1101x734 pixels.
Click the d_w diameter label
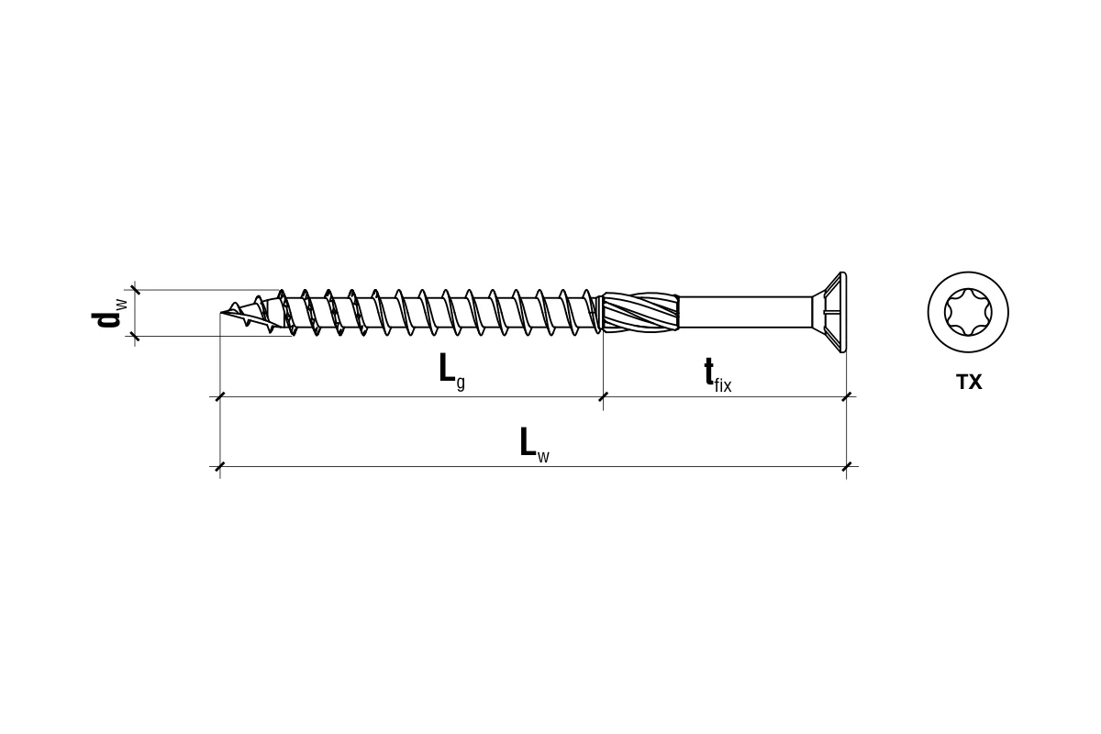(109, 313)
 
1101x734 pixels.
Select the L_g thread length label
(452, 373)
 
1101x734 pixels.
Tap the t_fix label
(717, 374)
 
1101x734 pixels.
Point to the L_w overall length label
(535, 445)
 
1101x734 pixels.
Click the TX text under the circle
(969, 382)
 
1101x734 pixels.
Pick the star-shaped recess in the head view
(968, 312)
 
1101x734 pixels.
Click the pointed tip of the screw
(221, 312)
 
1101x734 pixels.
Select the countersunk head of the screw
(829, 312)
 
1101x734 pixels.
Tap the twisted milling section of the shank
(640, 312)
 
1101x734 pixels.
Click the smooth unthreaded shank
(745, 312)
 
